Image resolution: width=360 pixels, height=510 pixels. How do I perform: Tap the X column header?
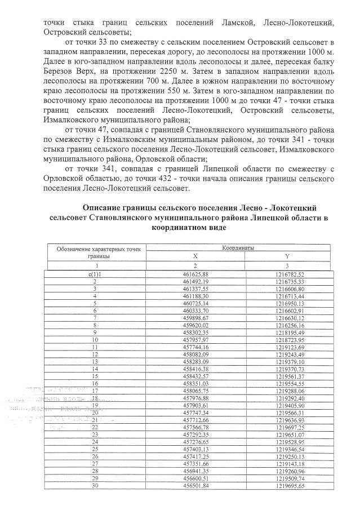click(195, 255)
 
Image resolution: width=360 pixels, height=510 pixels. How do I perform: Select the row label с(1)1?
click(96, 273)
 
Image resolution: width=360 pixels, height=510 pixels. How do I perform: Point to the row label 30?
click(96, 487)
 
